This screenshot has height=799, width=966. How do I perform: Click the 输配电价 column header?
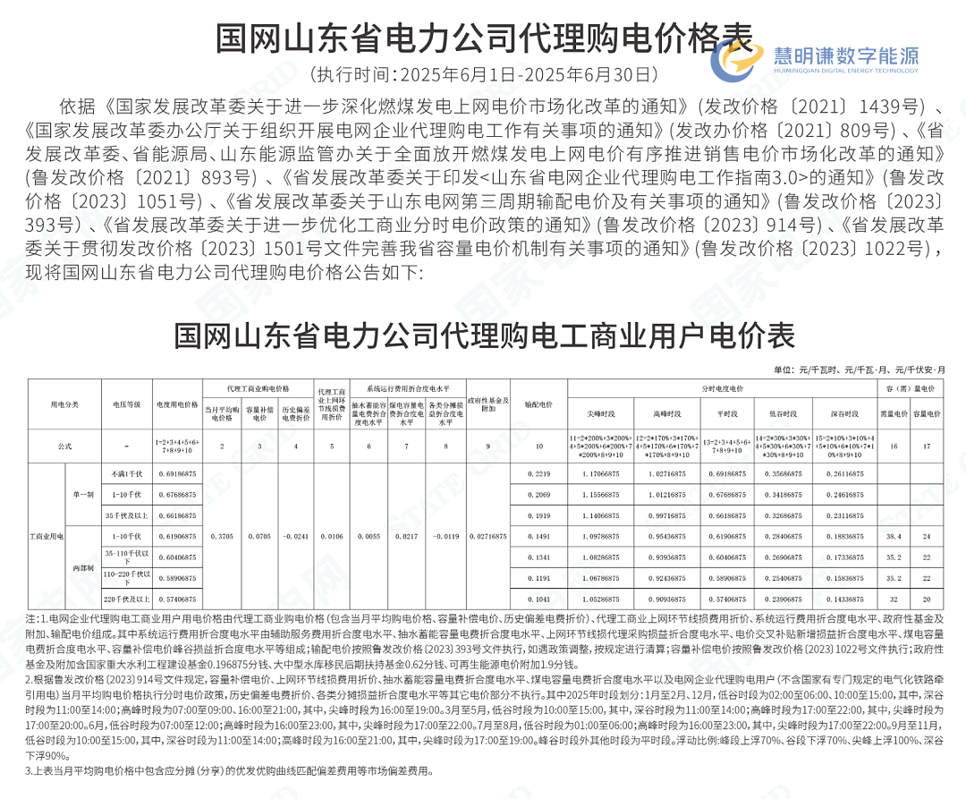pos(539,404)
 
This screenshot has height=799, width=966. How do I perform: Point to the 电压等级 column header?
pos(127,404)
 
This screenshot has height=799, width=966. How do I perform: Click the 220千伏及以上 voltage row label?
pos(127,599)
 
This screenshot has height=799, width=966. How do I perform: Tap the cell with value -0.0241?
pos(296,536)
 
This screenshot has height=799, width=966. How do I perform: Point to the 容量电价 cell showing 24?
pos(927,536)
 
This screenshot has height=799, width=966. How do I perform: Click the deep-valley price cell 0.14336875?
pos(844,599)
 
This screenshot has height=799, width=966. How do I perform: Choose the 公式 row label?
pos(64,446)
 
